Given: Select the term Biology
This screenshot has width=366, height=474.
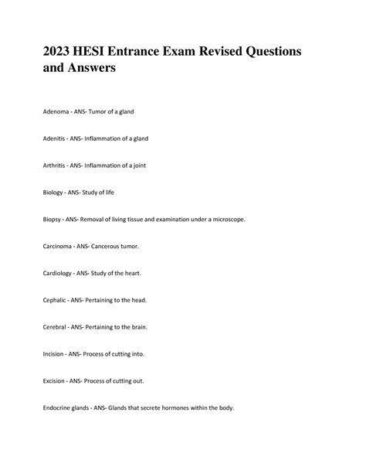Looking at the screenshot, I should click(54, 192).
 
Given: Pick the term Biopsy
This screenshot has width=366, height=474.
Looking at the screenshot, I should click(53, 219).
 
